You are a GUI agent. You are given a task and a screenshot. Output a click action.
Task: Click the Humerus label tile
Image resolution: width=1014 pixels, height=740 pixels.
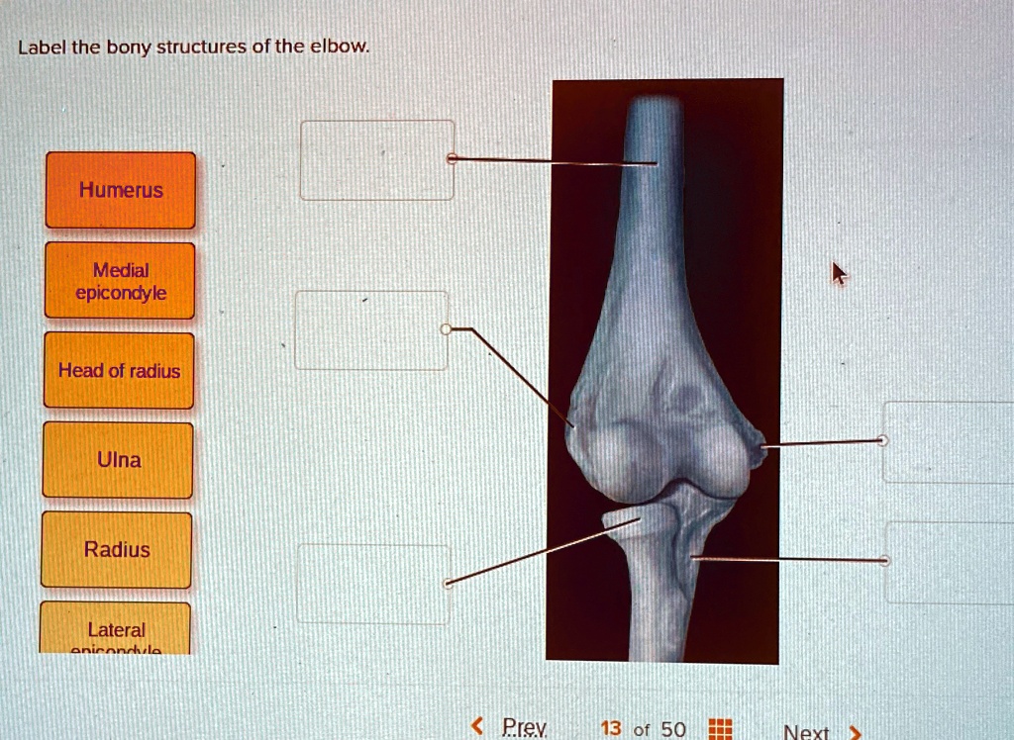click(121, 190)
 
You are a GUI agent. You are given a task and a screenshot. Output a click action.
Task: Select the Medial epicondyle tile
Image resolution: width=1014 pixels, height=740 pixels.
click(120, 281)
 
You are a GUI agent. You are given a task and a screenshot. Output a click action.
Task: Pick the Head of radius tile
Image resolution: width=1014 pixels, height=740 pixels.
click(119, 371)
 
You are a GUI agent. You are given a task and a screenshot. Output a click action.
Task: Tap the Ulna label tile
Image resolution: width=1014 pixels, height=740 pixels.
click(118, 460)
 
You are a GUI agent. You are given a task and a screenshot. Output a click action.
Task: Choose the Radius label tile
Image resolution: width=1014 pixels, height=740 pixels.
click(117, 550)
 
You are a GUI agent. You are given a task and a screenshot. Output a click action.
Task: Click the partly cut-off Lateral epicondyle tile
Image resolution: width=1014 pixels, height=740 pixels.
click(116, 629)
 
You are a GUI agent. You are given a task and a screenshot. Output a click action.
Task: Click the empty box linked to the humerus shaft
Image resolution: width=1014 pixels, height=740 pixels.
click(376, 160)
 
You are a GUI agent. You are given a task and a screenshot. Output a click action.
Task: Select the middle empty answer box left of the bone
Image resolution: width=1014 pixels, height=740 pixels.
click(371, 330)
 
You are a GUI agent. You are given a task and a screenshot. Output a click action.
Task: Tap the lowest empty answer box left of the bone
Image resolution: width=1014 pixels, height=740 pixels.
click(372, 584)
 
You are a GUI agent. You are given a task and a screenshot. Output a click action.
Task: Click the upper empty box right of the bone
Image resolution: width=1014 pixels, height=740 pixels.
click(948, 442)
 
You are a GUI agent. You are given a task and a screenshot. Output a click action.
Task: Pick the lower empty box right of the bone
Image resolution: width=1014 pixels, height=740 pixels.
click(949, 562)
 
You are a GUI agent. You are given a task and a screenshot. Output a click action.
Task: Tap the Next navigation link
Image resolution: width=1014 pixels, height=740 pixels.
click(806, 732)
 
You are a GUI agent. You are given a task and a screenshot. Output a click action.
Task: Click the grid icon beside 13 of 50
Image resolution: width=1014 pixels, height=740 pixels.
click(721, 730)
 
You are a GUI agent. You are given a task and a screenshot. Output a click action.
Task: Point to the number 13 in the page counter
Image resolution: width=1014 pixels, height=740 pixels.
click(611, 729)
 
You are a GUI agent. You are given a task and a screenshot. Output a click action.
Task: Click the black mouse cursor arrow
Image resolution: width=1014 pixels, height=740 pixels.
click(838, 273)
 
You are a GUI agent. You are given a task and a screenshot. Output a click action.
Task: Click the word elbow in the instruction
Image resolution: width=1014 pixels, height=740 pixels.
click(343, 46)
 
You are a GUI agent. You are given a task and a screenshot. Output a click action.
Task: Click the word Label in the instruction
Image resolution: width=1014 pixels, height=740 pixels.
click(39, 46)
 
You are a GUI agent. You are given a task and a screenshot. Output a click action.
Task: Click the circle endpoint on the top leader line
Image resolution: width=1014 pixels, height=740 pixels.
click(452, 158)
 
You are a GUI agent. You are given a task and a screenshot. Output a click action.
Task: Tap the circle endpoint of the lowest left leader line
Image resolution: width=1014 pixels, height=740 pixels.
click(448, 584)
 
